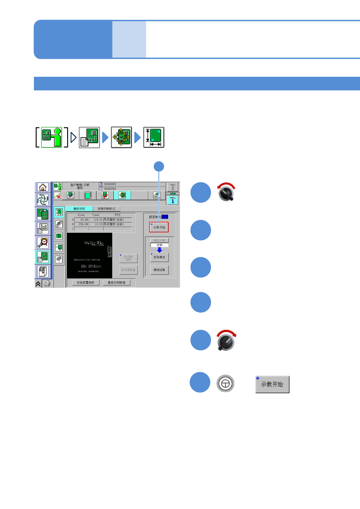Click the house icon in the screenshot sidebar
click(x=43, y=187)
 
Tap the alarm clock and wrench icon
click(x=43, y=242)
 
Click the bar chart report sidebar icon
click(x=43, y=228)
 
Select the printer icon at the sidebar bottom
click(x=47, y=284)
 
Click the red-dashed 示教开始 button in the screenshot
click(x=159, y=227)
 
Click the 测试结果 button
click(x=159, y=270)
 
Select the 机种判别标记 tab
click(x=106, y=209)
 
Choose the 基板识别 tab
click(x=79, y=209)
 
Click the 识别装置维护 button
click(x=86, y=283)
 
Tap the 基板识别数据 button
click(x=116, y=283)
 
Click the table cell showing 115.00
click(x=96, y=220)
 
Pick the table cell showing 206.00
click(x=81, y=224)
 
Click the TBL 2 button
click(x=173, y=187)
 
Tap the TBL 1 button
click(x=173, y=200)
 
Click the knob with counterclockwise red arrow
click(x=226, y=193)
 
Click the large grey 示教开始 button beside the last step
click(x=272, y=384)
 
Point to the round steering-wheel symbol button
click(x=225, y=384)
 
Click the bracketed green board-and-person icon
click(x=51, y=137)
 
